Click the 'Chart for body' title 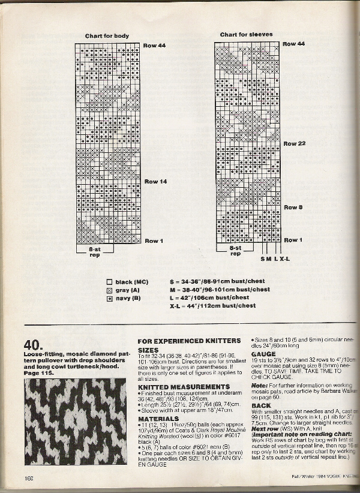107,36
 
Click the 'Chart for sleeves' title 246,35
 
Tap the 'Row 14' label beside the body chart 155,182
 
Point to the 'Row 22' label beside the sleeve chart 295,144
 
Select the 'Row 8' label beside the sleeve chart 293,208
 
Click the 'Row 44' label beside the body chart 154,46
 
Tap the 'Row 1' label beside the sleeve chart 293,240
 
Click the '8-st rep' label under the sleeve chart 235,250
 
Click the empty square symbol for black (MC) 109,281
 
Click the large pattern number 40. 32,344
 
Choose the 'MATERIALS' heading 158,419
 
